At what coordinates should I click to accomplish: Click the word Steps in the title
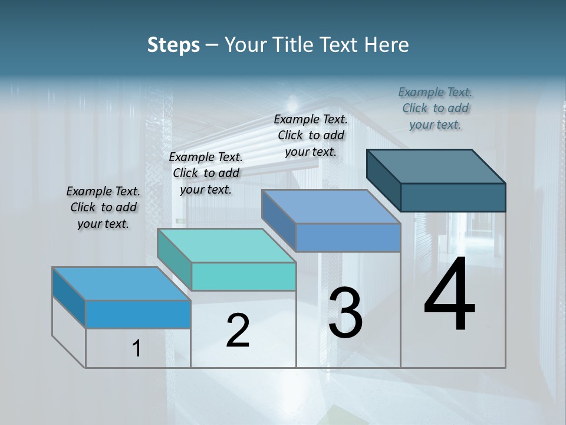tap(173, 45)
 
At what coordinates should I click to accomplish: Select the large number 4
tap(449, 295)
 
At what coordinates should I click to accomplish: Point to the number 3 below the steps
tap(345, 313)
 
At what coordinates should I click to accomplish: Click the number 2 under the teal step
tap(238, 331)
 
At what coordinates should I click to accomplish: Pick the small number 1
tap(137, 349)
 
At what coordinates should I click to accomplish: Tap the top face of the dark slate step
tap(436, 166)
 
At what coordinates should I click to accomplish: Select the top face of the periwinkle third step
tap(331, 207)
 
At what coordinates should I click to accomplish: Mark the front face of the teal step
tap(243, 276)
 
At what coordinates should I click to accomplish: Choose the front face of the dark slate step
tap(453, 197)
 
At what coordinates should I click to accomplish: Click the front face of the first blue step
tap(138, 314)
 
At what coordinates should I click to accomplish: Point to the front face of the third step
tap(348, 237)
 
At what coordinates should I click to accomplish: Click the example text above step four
tap(435, 109)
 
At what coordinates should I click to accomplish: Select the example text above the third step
tap(311, 135)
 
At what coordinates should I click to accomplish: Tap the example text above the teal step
tap(206, 173)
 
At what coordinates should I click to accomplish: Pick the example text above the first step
tap(103, 207)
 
